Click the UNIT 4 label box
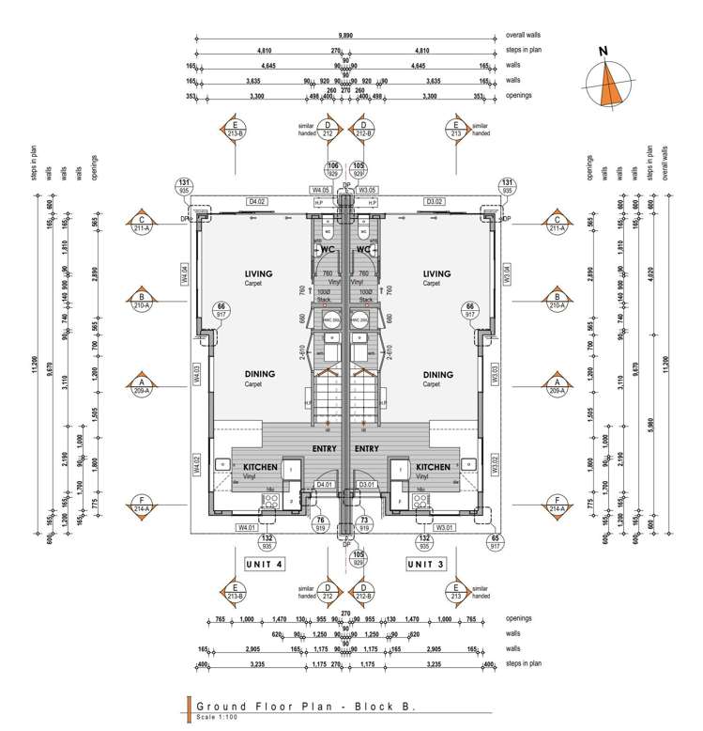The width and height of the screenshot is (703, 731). pyautogui.click(x=264, y=563)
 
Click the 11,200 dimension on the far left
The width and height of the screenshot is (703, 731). pyautogui.click(x=35, y=365)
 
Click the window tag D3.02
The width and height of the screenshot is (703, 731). pyautogui.click(x=434, y=201)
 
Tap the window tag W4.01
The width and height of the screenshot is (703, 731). pyautogui.click(x=247, y=527)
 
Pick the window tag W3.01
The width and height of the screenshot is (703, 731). pyautogui.click(x=445, y=527)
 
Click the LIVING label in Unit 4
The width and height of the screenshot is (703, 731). pyautogui.click(x=257, y=273)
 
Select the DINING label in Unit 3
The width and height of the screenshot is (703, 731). pyautogui.click(x=438, y=374)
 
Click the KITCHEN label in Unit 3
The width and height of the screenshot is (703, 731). pyautogui.click(x=433, y=467)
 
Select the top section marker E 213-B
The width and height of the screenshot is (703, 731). pyautogui.click(x=235, y=129)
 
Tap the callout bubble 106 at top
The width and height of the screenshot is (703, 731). pyautogui.click(x=334, y=169)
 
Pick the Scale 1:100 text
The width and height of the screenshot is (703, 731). pyautogui.click(x=219, y=718)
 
